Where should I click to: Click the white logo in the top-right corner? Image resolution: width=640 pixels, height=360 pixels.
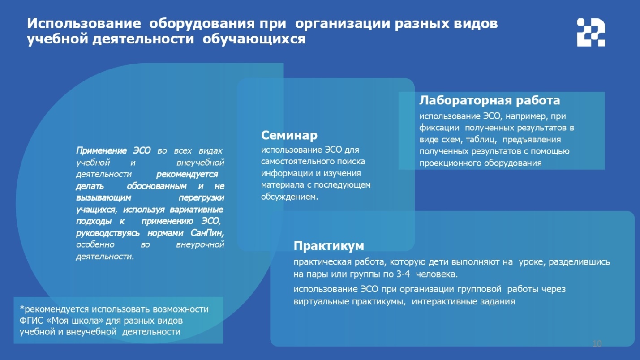click(591, 32)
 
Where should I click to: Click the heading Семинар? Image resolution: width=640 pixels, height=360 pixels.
click(289, 135)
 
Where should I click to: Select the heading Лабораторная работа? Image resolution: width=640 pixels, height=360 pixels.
click(490, 100)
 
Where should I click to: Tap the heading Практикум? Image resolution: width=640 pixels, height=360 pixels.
click(329, 246)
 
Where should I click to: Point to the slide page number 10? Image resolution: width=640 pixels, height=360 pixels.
click(597, 343)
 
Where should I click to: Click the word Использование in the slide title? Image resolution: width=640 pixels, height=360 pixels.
click(84, 23)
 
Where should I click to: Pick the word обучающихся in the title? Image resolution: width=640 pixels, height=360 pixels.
click(254, 39)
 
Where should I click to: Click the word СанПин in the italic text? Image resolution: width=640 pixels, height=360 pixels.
click(207, 233)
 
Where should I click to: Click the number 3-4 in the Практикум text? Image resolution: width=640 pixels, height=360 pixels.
click(403, 274)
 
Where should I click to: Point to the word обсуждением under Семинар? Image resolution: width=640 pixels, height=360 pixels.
click(289, 197)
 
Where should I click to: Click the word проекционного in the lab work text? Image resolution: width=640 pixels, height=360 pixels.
click(448, 163)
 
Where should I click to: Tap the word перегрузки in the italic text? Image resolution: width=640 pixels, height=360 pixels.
click(201, 198)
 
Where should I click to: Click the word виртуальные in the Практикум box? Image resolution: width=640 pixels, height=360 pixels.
click(320, 302)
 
